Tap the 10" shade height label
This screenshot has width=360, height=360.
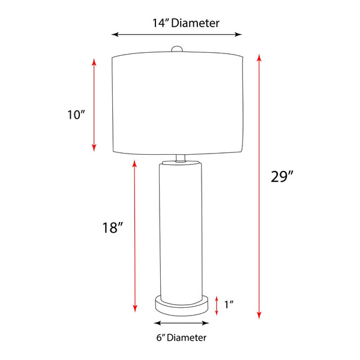[x=77, y=115]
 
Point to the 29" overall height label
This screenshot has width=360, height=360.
[x=282, y=176]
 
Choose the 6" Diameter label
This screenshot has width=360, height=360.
[x=181, y=338]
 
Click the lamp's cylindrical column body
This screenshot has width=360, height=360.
[x=181, y=228]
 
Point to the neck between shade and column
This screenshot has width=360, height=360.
[x=180, y=159]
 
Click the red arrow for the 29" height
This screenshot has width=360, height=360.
[x=259, y=186]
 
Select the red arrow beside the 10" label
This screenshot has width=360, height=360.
[x=94, y=105]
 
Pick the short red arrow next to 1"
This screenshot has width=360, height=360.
[x=217, y=305]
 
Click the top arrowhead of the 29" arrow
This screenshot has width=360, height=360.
[x=259, y=57]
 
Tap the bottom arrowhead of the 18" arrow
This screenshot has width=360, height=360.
[x=134, y=310]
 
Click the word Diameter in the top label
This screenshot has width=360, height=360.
[x=197, y=23]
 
